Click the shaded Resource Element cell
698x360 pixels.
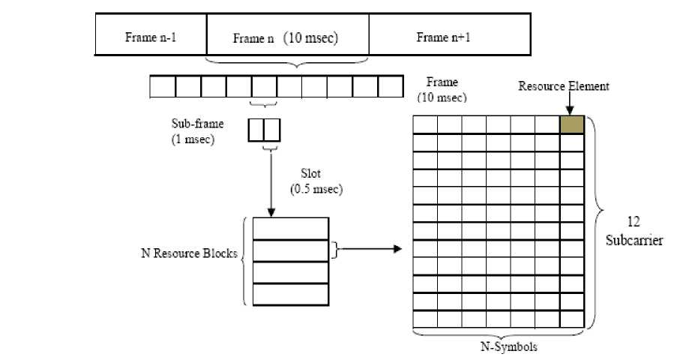(572, 124)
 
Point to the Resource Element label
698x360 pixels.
(564, 86)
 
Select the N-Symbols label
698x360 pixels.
(508, 346)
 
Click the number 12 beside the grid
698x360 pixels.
(634, 223)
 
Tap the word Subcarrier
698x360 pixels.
(634, 241)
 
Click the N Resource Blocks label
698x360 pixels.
(190, 253)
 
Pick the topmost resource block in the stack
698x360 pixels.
(290, 228)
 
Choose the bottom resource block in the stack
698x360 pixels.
(290, 294)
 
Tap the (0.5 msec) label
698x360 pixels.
(316, 189)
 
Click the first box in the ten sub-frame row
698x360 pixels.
(163, 87)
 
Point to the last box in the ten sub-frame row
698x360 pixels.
(391, 87)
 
